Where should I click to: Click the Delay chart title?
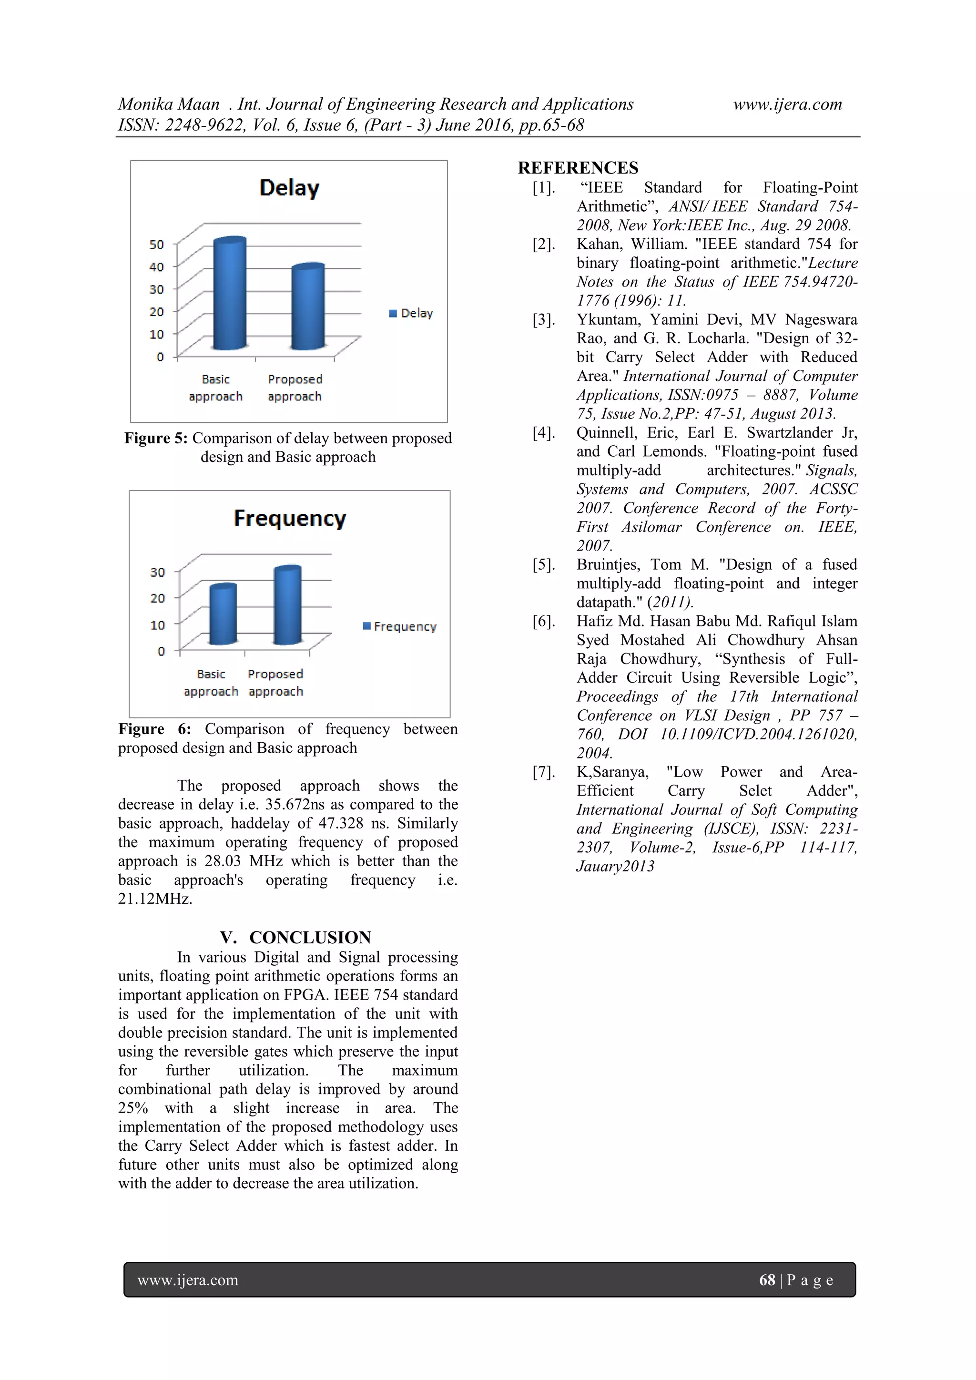[289, 188]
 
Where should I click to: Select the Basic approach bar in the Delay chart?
[230, 295]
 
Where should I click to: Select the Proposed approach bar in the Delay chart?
[308, 307]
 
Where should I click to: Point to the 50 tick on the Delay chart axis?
[156, 245]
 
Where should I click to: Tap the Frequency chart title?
[290, 518]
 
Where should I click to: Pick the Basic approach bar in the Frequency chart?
[223, 614]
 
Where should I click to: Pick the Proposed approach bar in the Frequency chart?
[287, 605]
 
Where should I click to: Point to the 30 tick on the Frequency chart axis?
[157, 572]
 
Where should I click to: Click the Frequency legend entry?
[400, 626]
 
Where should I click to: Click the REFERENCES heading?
[578, 168]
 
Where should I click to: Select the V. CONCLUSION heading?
[295, 938]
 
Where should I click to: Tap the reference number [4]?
[543, 433]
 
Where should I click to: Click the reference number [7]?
[543, 772]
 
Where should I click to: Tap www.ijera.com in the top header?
[787, 104]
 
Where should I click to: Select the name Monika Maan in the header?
[169, 104]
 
